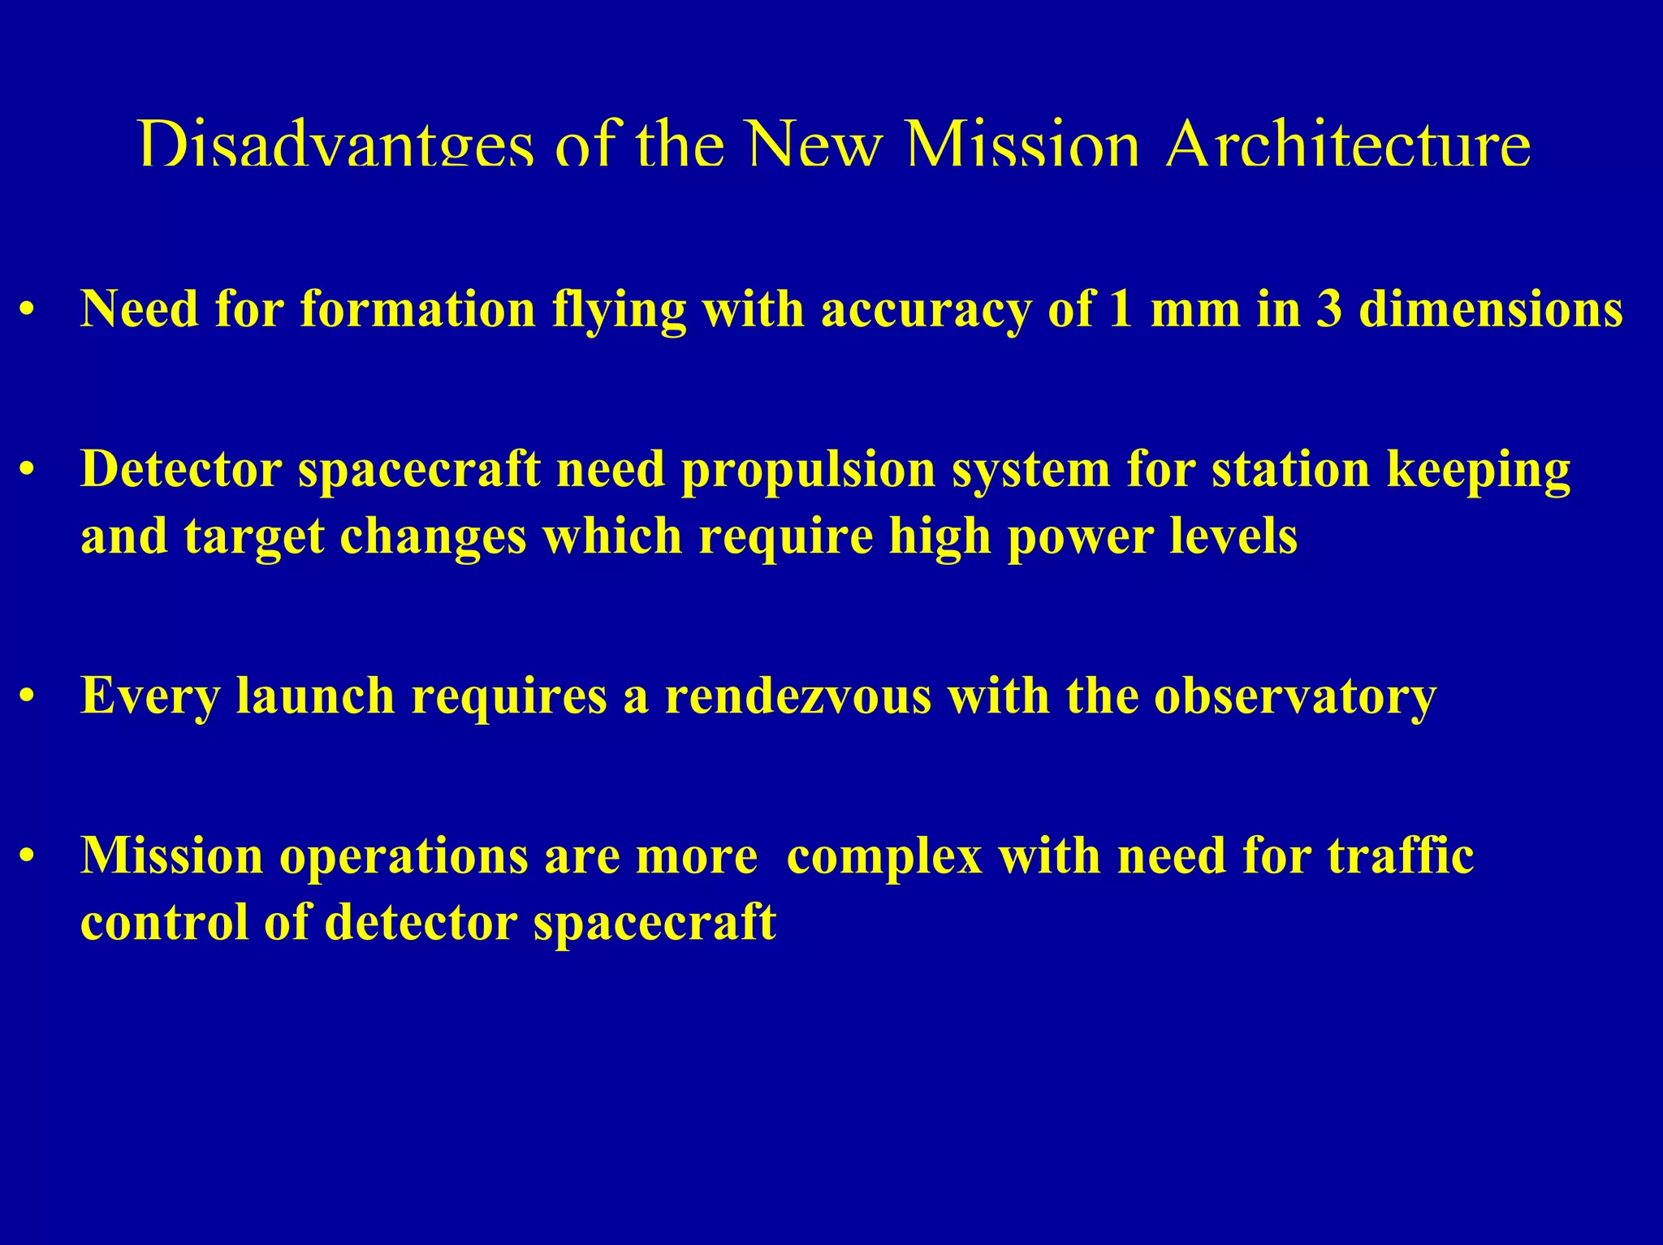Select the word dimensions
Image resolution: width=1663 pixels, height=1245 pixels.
pyautogui.click(x=1491, y=310)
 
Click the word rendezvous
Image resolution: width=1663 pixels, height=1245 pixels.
pyautogui.click(x=798, y=696)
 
